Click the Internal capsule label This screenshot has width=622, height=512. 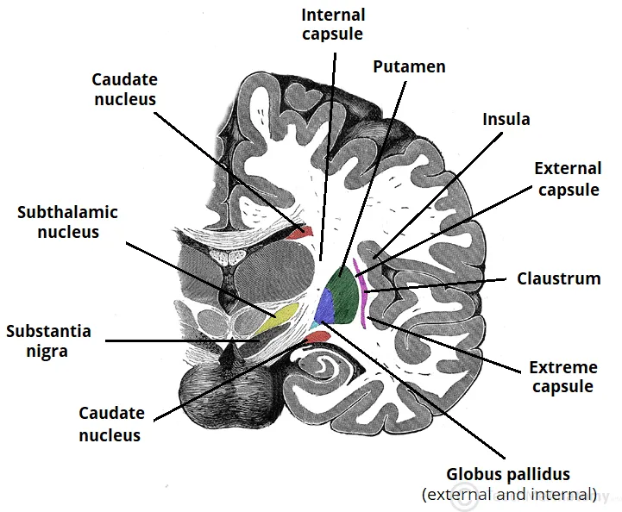332,25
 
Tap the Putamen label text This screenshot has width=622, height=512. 409,66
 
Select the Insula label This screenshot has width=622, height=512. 506,119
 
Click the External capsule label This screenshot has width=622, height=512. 568,178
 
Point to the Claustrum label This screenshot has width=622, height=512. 559,278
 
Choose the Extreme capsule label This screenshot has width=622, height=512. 563,378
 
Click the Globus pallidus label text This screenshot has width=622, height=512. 508,475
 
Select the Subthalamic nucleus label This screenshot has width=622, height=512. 67,222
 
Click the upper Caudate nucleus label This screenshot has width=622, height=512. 124,90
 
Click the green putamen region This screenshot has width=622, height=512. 346,289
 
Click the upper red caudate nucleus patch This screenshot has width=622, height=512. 299,231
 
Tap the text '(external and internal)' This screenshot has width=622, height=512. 508,495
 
